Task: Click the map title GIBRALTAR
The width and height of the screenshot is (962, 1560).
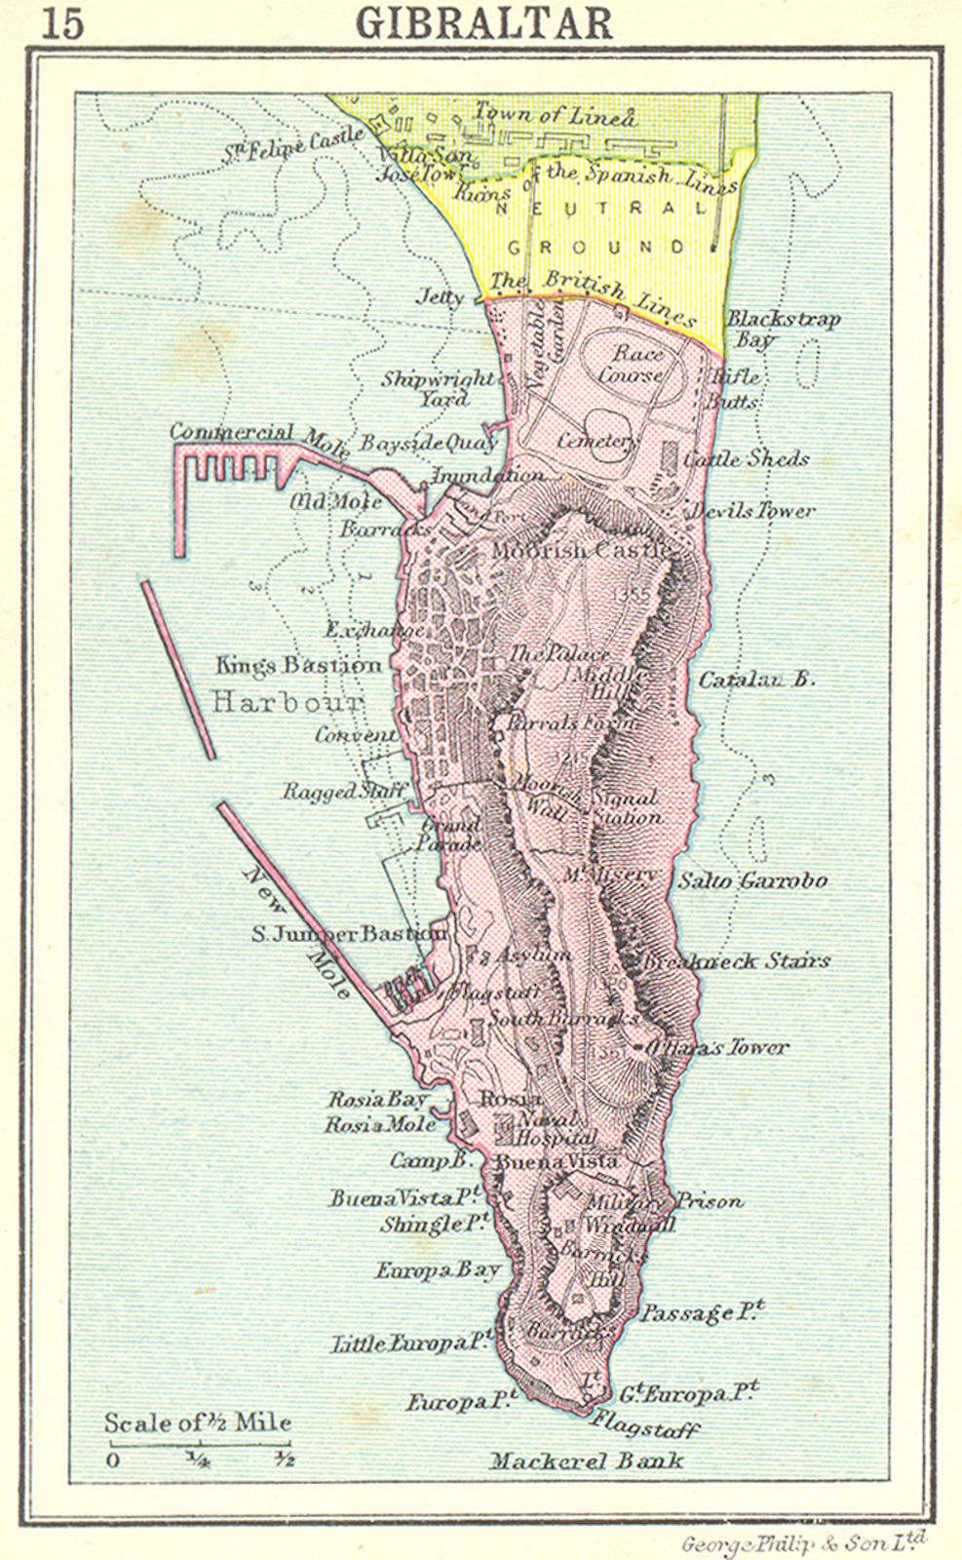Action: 484,23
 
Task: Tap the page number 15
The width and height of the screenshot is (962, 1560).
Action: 62,23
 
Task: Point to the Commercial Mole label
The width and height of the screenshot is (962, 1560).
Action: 258,437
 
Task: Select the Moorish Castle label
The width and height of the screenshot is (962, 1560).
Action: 581,551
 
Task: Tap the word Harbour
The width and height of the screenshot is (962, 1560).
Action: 288,702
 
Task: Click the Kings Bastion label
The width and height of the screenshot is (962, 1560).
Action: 298,666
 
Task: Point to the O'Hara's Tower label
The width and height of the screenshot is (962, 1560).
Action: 717,1047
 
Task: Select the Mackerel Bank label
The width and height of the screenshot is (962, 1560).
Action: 586,1461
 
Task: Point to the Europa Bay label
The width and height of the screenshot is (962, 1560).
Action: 438,1270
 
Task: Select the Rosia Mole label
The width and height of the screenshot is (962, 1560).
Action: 380,1124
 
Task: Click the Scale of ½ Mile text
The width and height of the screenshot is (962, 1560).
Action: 198,1423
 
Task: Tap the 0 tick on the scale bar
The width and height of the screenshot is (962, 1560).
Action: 113,1460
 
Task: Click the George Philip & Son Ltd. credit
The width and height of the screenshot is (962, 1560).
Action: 803,1542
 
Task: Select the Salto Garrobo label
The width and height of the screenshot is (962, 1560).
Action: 752,880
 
